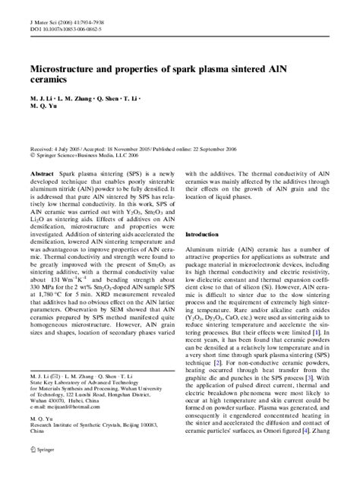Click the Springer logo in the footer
point(39,469)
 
